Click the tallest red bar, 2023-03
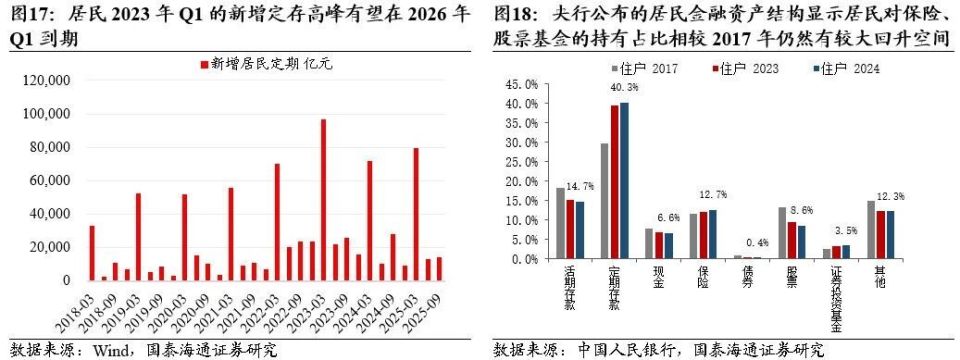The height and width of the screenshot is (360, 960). [323, 200]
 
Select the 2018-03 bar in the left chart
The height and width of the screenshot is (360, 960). [92, 253]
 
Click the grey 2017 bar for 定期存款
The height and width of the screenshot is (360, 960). [605, 201]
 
